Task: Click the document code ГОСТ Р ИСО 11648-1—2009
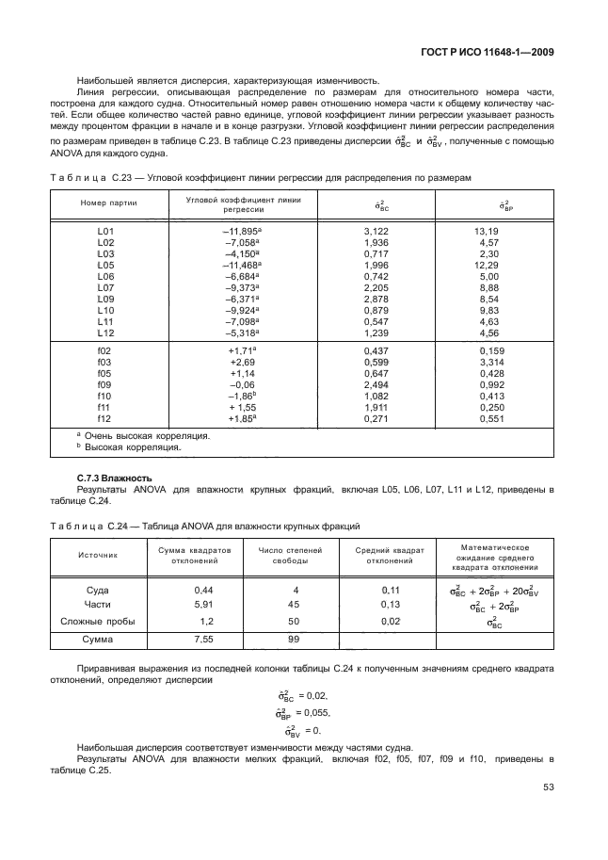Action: point(489,53)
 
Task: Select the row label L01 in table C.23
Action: point(104,231)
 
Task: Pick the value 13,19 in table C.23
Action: point(487,231)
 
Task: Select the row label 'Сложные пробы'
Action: point(98,622)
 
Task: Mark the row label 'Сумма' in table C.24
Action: point(99,640)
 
